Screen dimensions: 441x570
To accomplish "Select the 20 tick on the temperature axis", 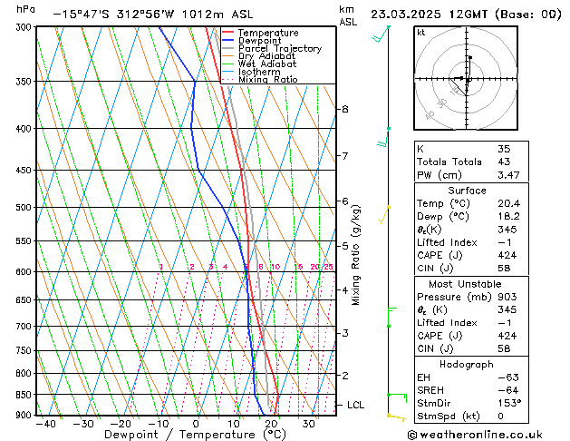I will point(271,423).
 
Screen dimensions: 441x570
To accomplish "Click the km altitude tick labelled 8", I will point(344,109).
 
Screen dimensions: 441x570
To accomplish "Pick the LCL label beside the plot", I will point(355,405).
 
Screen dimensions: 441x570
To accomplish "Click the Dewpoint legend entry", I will point(258,41).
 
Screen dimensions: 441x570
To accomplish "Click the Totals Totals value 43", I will point(505,162).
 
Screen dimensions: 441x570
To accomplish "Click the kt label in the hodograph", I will point(421,32).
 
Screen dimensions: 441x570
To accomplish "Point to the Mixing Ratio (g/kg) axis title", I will point(356,254).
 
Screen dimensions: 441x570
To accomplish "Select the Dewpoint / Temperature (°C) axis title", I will point(183,435).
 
